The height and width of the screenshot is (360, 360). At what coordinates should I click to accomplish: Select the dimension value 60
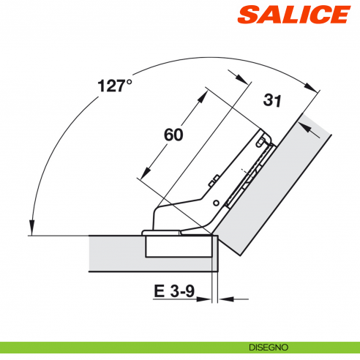pyautogui.click(x=173, y=135)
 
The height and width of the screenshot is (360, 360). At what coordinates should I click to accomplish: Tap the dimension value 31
pyautogui.click(x=272, y=100)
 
